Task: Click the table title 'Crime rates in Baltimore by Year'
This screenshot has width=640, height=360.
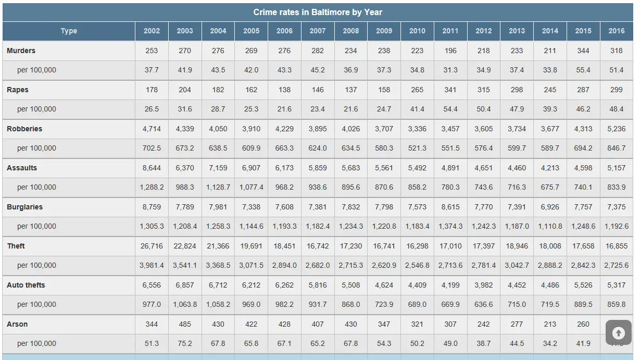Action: point(318,12)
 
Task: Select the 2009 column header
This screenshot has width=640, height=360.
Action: point(384,31)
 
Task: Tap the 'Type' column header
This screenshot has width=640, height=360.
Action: point(69,31)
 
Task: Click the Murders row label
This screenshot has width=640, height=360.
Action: point(21,51)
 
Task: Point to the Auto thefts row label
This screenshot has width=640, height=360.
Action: point(26,285)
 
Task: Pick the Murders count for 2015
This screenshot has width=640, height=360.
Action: point(583,51)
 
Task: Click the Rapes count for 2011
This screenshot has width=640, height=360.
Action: point(450,90)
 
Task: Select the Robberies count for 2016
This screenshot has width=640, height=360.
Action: point(617,129)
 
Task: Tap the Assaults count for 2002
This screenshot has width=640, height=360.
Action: point(152,168)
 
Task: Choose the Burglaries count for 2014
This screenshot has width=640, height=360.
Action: point(550,207)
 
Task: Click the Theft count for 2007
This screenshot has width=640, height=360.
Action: point(318,246)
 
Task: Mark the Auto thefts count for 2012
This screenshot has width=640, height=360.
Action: point(484,285)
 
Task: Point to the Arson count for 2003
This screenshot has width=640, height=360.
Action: point(185,324)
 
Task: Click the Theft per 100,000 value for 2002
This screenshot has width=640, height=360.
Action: point(152,265)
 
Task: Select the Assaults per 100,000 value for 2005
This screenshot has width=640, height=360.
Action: point(251,187)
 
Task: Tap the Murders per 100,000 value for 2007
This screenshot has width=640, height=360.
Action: point(318,70)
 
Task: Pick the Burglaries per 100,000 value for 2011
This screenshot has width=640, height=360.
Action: point(450,226)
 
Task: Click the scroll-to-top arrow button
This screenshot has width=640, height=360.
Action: point(619,333)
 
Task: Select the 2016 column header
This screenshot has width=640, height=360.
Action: point(617,31)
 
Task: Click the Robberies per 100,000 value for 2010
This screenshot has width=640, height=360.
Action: point(417,148)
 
